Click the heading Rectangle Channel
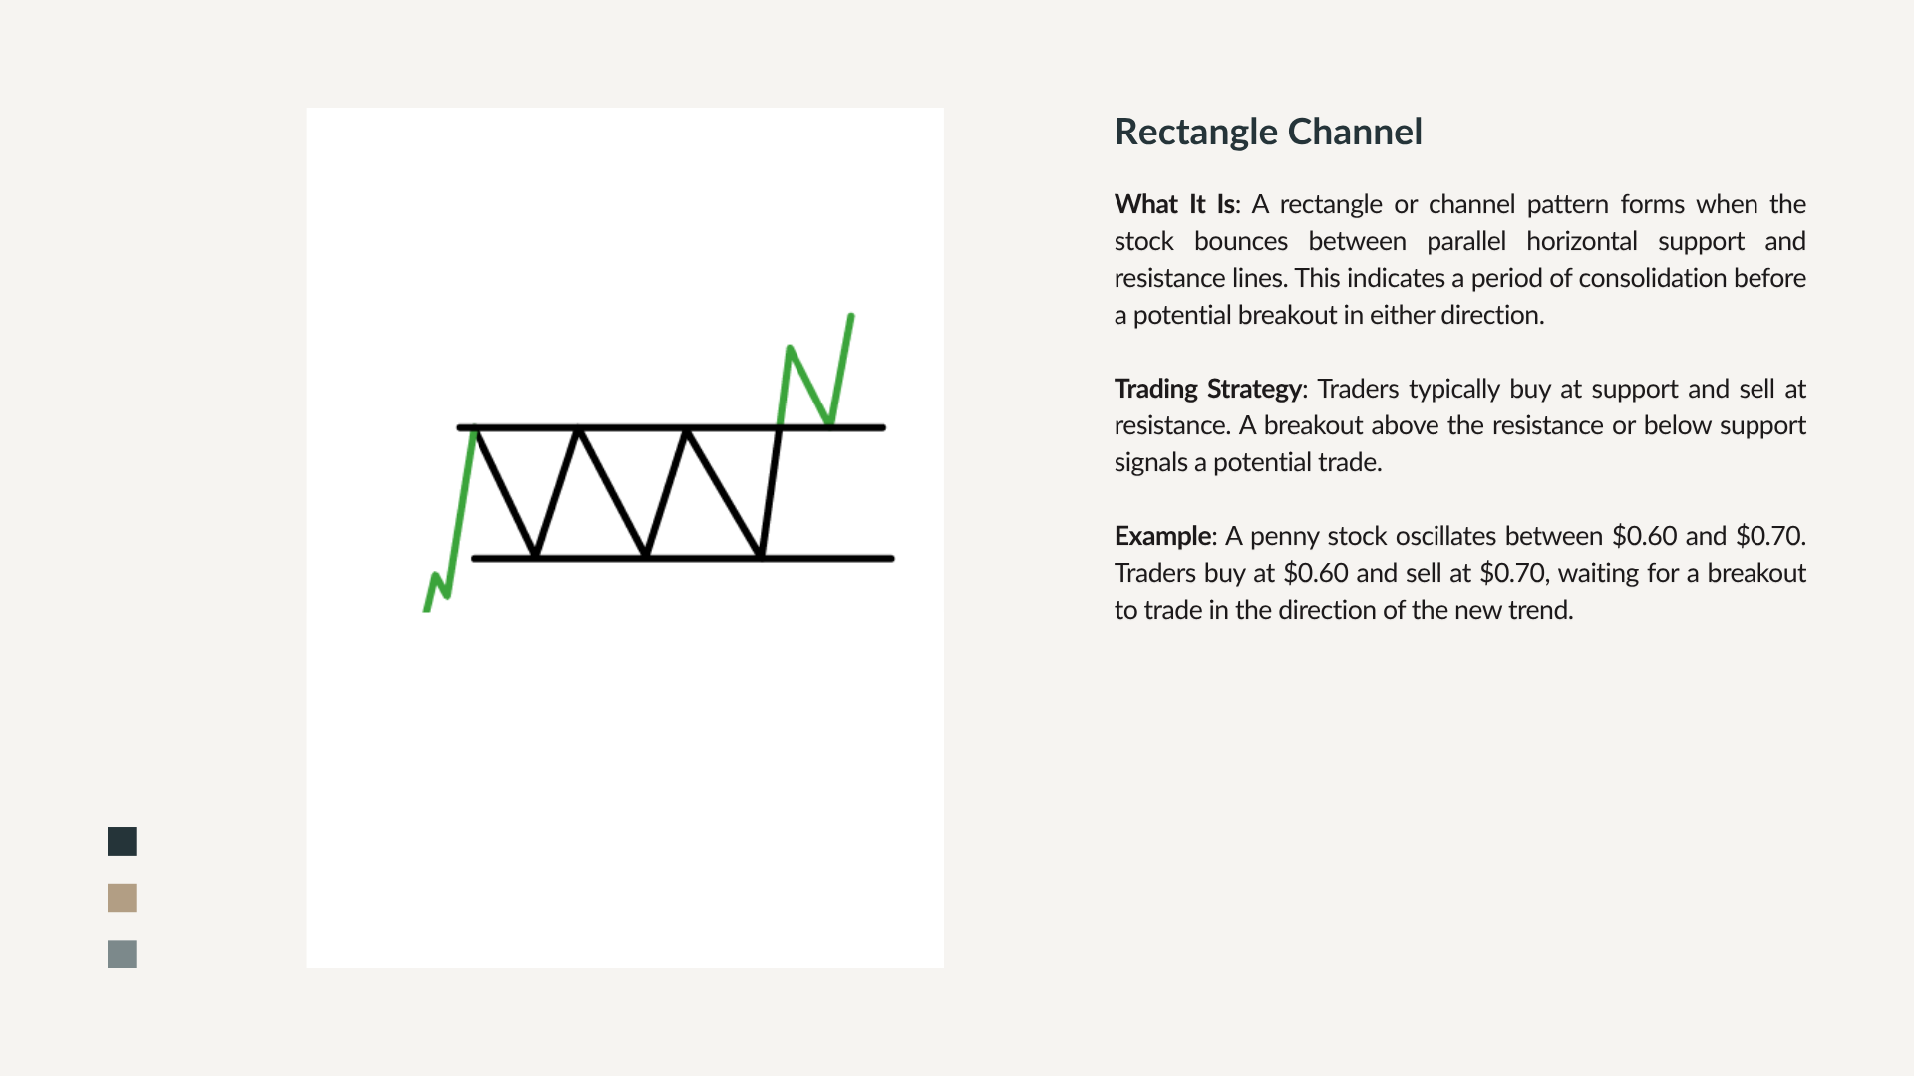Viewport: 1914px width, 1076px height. [x=1268, y=132]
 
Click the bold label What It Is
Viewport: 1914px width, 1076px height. [x=1174, y=204]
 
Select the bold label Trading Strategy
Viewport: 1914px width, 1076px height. [x=1207, y=389]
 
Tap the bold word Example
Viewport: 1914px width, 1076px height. [x=1162, y=536]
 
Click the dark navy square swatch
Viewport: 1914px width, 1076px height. [x=122, y=841]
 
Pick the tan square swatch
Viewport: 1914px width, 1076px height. [x=122, y=898]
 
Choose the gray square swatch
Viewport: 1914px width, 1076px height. [x=122, y=954]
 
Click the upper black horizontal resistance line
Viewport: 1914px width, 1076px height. [x=671, y=427]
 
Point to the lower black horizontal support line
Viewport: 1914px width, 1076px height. [x=682, y=559]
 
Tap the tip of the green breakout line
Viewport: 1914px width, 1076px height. [x=851, y=316]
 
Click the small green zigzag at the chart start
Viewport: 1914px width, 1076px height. [x=437, y=592]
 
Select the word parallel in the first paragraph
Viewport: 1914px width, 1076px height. [x=1465, y=242]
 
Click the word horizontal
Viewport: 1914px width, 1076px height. [x=1582, y=241]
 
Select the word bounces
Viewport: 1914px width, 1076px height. [x=1241, y=241]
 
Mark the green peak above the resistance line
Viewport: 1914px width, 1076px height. [x=790, y=349]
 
